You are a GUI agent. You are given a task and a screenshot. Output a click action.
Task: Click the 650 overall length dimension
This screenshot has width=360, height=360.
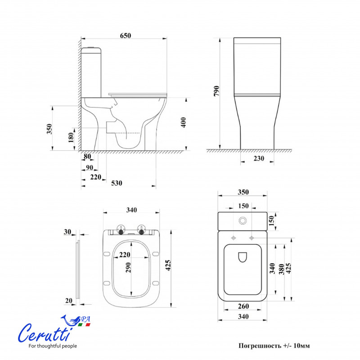[126, 36]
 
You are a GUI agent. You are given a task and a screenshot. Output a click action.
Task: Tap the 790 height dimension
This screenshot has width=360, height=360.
[216, 91]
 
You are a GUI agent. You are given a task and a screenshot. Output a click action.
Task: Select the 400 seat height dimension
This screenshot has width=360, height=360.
[183, 122]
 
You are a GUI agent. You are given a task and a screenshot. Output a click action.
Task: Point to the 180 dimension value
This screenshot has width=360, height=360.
[71, 137]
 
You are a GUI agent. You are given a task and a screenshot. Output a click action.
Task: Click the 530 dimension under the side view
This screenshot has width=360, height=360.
[117, 183]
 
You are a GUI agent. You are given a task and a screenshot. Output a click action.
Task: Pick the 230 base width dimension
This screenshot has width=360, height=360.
[259, 158]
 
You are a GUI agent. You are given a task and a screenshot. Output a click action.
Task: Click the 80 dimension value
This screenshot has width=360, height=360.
[87, 156]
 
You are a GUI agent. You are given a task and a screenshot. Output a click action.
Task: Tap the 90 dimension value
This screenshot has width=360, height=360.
[90, 168]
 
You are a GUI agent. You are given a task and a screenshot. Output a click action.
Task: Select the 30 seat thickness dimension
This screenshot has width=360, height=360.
[67, 232]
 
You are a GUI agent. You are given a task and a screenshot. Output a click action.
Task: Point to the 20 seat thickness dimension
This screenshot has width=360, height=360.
[69, 301]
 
